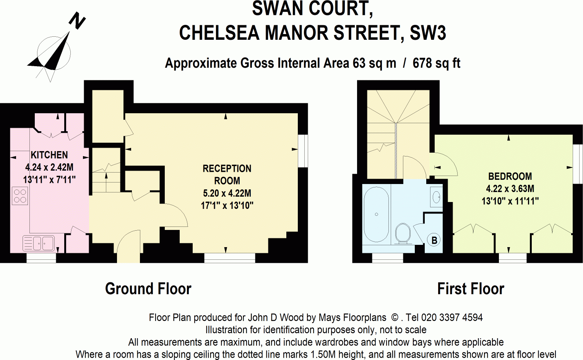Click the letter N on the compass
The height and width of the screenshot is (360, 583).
tap(77, 21)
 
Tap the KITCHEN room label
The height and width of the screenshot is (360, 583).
tap(49, 155)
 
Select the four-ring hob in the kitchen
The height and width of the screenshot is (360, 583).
tap(20, 195)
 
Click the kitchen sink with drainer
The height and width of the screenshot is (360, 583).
tap(39, 243)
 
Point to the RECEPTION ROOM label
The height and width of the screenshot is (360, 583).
tap(227, 174)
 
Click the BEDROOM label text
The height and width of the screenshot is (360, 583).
tap(510, 176)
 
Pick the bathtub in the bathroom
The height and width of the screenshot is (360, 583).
tap(376, 214)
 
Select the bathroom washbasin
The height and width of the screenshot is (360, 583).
tap(437, 197)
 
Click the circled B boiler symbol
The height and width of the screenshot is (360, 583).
tap(434, 240)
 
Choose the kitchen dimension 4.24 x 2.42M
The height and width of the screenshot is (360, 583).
tap(49, 167)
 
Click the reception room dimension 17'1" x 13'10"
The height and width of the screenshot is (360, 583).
tap(227, 205)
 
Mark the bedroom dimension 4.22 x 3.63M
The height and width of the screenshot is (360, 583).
tap(510, 189)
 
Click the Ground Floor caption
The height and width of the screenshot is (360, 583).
tap(148, 289)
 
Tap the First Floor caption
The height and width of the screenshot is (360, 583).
tap(471, 289)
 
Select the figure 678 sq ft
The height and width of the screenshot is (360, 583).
tap(436, 63)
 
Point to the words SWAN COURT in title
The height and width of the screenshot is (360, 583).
tap(312, 9)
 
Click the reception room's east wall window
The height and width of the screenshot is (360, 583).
tap(303, 151)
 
